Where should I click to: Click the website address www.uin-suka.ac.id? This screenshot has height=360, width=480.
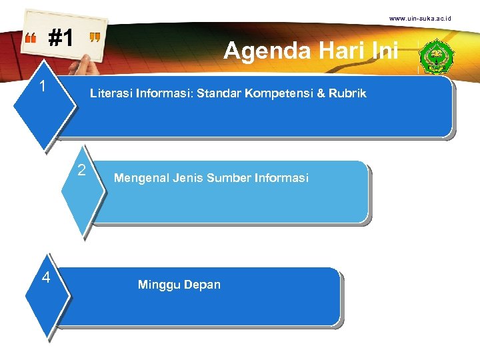click(x=420, y=18)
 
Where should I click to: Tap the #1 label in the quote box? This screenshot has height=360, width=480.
click(x=61, y=39)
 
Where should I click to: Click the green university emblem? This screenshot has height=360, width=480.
click(x=439, y=55)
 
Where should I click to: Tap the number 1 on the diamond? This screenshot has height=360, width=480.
click(x=42, y=87)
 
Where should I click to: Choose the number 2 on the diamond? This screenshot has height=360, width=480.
click(x=81, y=170)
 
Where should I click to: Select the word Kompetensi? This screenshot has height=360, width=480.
click(x=275, y=93)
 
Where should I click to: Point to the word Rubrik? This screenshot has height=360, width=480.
click(x=347, y=93)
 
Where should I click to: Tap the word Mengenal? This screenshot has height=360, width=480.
click(x=141, y=178)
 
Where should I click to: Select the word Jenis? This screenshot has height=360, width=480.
click(x=187, y=178)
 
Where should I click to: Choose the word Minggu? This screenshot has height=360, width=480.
click(x=157, y=285)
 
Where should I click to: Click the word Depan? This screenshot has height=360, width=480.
click(x=202, y=285)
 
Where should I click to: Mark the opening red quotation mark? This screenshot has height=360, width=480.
click(x=31, y=39)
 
